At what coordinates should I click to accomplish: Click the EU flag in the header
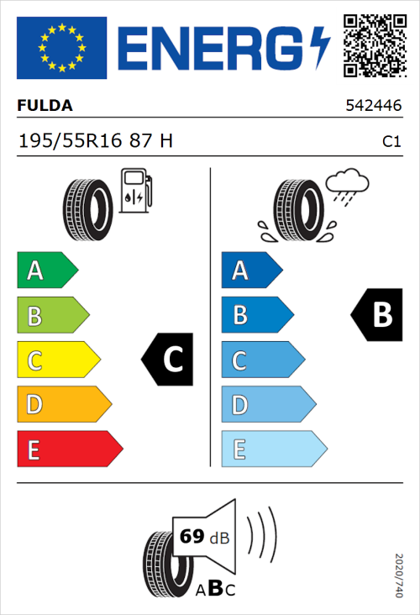click(x=61, y=47)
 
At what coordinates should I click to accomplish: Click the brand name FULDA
click(x=45, y=106)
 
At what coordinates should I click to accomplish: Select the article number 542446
click(x=372, y=107)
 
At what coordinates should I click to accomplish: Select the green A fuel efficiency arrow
click(x=46, y=271)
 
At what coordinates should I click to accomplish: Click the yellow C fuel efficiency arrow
click(x=57, y=360)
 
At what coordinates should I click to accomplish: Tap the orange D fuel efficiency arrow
click(x=63, y=405)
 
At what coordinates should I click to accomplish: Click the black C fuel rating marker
click(x=169, y=360)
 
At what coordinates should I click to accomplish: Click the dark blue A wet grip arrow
click(x=250, y=271)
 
